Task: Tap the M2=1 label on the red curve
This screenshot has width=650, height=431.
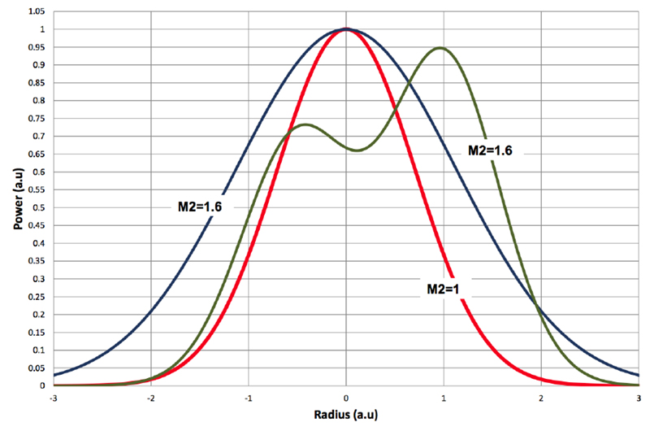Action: (x=444, y=288)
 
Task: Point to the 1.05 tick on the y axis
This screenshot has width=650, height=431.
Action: (x=36, y=11)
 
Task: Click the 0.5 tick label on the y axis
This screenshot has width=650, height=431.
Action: (x=39, y=207)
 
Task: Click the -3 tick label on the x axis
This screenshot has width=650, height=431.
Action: (x=53, y=398)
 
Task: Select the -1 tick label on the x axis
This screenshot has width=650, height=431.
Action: (x=248, y=398)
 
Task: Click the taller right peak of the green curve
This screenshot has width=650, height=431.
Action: (x=440, y=48)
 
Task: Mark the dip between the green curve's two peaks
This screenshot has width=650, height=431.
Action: (x=357, y=150)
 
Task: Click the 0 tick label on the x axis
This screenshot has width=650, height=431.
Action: (x=347, y=398)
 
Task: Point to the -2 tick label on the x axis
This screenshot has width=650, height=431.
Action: (x=150, y=398)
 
